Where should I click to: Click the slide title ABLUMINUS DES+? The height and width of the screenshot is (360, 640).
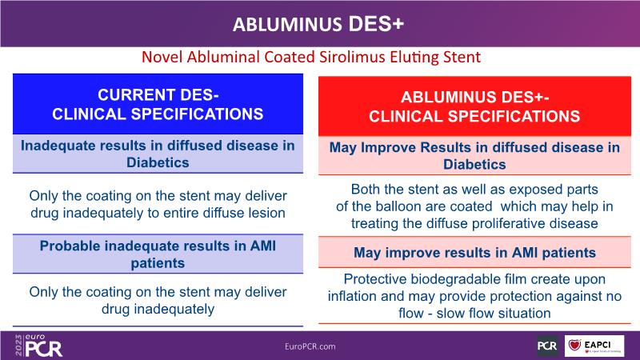pos(318,24)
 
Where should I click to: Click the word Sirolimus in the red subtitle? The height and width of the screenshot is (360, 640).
pos(352,57)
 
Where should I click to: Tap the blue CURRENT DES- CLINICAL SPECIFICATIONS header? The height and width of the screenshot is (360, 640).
pos(158,104)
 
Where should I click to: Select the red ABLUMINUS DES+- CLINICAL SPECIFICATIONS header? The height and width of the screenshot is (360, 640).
pos(474,106)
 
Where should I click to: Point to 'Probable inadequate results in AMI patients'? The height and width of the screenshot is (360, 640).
pos(158,254)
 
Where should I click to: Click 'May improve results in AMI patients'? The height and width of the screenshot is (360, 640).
pos(474,253)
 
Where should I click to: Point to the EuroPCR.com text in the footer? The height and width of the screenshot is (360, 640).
pos(310,346)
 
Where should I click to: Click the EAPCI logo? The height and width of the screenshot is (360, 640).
pos(594,346)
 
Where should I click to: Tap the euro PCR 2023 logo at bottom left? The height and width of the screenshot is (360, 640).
pos(38,346)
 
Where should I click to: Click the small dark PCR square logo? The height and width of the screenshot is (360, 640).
pos(547,346)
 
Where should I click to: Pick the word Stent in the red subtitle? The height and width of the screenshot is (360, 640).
pos(463,57)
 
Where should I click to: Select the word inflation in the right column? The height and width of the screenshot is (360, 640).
pos(352,296)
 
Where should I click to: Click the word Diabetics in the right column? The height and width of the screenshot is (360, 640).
pos(474,165)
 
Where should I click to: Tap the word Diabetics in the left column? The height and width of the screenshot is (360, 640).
pos(158,162)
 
